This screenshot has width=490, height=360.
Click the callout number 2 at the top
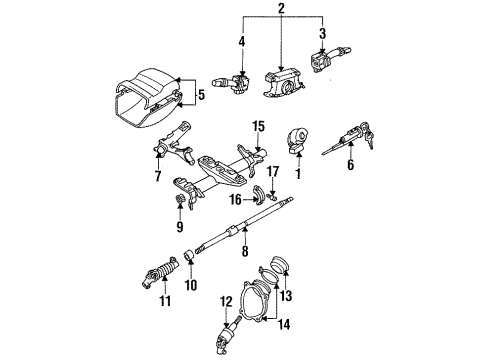(281, 9)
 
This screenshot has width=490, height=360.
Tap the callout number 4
(241, 42)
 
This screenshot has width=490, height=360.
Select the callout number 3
(321, 34)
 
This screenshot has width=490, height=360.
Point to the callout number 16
(234, 199)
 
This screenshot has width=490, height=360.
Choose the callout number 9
(180, 226)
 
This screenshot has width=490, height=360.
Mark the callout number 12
(226, 301)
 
